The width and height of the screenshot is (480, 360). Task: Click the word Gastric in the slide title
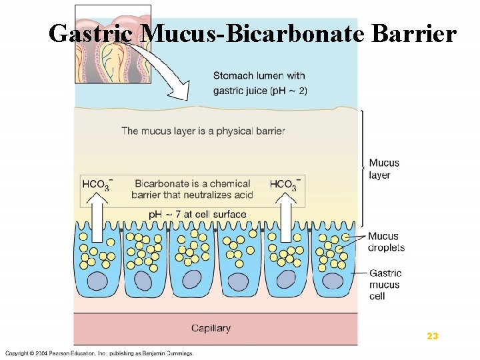(x=89, y=33)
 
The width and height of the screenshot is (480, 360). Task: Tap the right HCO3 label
(x=285, y=185)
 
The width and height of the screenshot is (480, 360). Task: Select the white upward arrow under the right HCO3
(x=285, y=216)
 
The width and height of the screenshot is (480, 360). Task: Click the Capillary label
(x=211, y=328)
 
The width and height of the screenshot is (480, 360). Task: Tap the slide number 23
(x=432, y=337)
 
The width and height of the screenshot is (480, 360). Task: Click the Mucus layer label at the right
(x=384, y=169)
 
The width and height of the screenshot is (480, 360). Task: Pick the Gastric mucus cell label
(x=385, y=285)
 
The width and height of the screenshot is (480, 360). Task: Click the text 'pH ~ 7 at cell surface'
(x=197, y=215)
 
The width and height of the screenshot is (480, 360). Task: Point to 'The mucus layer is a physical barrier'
(x=203, y=131)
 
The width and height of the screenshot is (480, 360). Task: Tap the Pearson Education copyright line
(x=100, y=353)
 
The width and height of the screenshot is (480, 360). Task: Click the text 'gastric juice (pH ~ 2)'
(x=260, y=91)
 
